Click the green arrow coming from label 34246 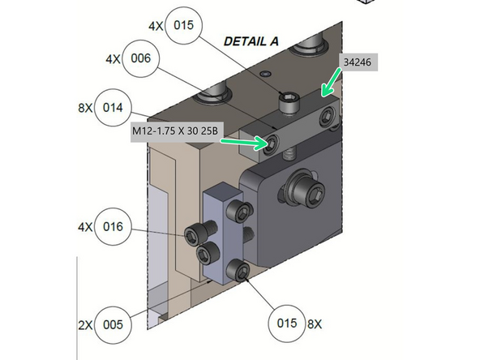(x=332, y=84)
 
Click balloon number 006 (x=141, y=59)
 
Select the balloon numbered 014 (x=114, y=107)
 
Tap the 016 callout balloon (x=114, y=228)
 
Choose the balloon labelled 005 (x=114, y=324)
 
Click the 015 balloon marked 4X (x=184, y=26)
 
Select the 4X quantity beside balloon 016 (x=84, y=228)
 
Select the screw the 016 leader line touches (x=195, y=235)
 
